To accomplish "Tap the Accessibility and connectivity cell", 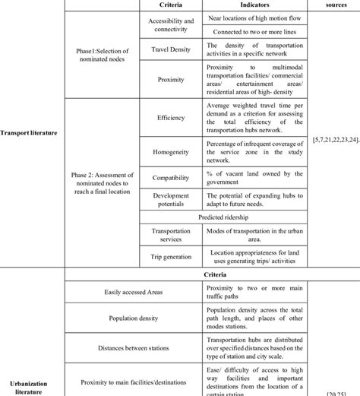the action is click(x=171, y=25).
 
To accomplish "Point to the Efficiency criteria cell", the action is click(x=171, y=118).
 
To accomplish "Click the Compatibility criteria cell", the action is click(x=171, y=178).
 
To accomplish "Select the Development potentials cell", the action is click(x=171, y=200).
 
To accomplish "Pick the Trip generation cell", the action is click(x=171, y=258).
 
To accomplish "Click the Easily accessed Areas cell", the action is click(x=134, y=292).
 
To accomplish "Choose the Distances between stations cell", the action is click(x=134, y=347).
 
